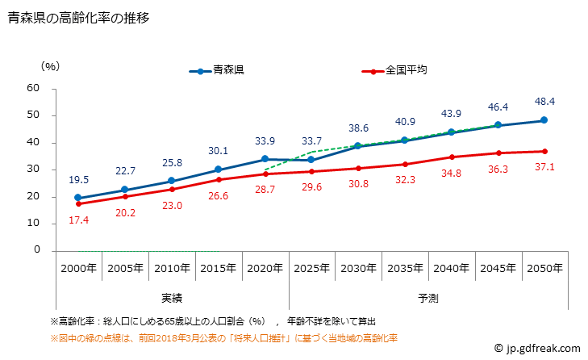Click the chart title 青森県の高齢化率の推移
[78, 17]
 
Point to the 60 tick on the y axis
[33, 88]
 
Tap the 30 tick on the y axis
[33, 170]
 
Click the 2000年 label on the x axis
[77, 268]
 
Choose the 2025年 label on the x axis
[311, 268]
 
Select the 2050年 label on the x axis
[544, 268]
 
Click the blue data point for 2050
[544, 120]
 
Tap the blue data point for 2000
[77, 198]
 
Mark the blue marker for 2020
[264, 159]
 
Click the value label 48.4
[544, 103]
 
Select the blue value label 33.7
[311, 141]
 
